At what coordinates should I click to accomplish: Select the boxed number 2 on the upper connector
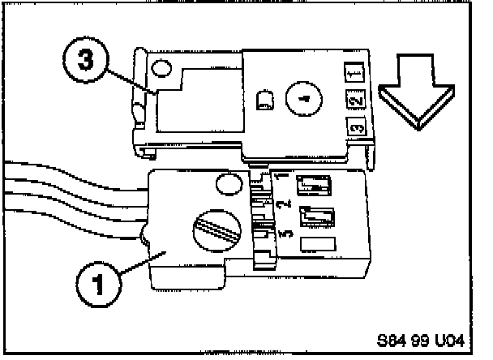click(x=354, y=101)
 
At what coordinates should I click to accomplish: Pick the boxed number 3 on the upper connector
click(x=354, y=128)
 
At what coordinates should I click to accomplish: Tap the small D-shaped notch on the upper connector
click(x=264, y=101)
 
